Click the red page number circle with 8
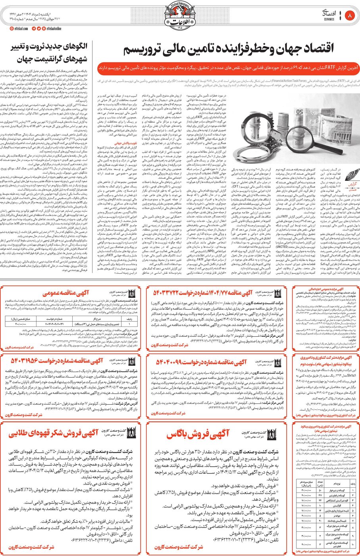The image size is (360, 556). tap(350, 16)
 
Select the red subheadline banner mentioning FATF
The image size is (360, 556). tap(228, 68)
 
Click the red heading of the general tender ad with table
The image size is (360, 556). tap(71, 293)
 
